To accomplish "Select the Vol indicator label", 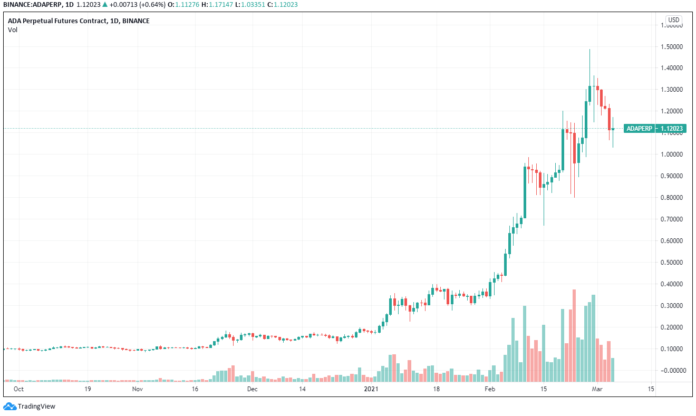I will (12, 30).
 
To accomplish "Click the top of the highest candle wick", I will (589, 50).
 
